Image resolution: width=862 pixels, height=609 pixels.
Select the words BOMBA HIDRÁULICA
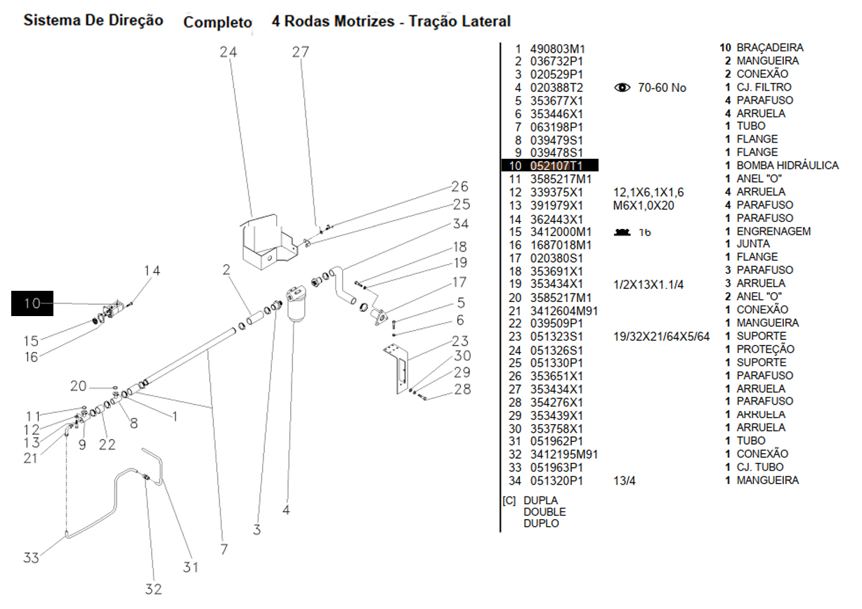tap(787, 166)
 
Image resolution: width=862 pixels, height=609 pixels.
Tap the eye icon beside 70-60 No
tap(622, 88)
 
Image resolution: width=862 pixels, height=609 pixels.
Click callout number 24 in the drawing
tap(228, 53)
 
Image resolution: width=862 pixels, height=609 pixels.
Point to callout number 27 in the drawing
tap(301, 53)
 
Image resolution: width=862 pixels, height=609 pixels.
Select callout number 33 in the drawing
tap(31, 558)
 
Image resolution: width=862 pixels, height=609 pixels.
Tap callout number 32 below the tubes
tap(153, 589)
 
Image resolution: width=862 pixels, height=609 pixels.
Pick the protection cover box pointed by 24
tap(270, 242)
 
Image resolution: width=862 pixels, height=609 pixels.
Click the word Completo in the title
tap(218, 22)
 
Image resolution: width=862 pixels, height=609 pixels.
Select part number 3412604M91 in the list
tap(560, 310)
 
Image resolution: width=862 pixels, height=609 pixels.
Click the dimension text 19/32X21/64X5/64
tap(661, 336)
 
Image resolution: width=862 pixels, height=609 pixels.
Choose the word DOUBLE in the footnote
tap(544, 512)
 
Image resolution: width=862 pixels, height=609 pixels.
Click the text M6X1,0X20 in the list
tap(644, 205)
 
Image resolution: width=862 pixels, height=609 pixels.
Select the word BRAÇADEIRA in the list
tap(770, 48)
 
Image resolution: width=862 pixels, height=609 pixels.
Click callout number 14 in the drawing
tap(152, 271)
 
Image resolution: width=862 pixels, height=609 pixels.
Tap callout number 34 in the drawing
tap(460, 224)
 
